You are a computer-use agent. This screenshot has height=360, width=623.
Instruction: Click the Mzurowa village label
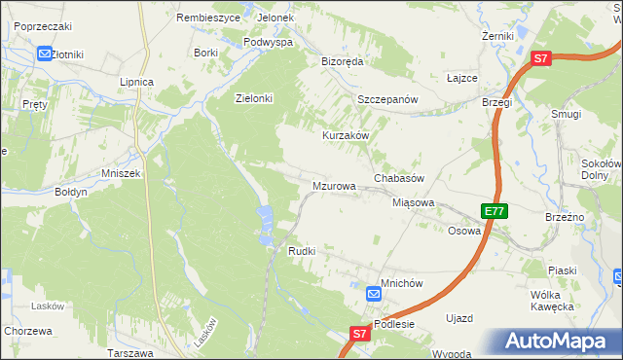point(333,185)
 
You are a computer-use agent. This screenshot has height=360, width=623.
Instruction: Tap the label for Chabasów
point(399,179)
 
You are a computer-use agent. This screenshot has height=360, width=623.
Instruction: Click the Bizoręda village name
point(342,61)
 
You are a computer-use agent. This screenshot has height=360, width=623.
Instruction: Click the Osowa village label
point(463,232)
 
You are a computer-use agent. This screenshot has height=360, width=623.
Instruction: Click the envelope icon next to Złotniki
point(45,54)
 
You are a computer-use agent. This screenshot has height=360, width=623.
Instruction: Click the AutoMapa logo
point(559,342)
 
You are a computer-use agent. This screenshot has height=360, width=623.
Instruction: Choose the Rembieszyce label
point(202,18)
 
